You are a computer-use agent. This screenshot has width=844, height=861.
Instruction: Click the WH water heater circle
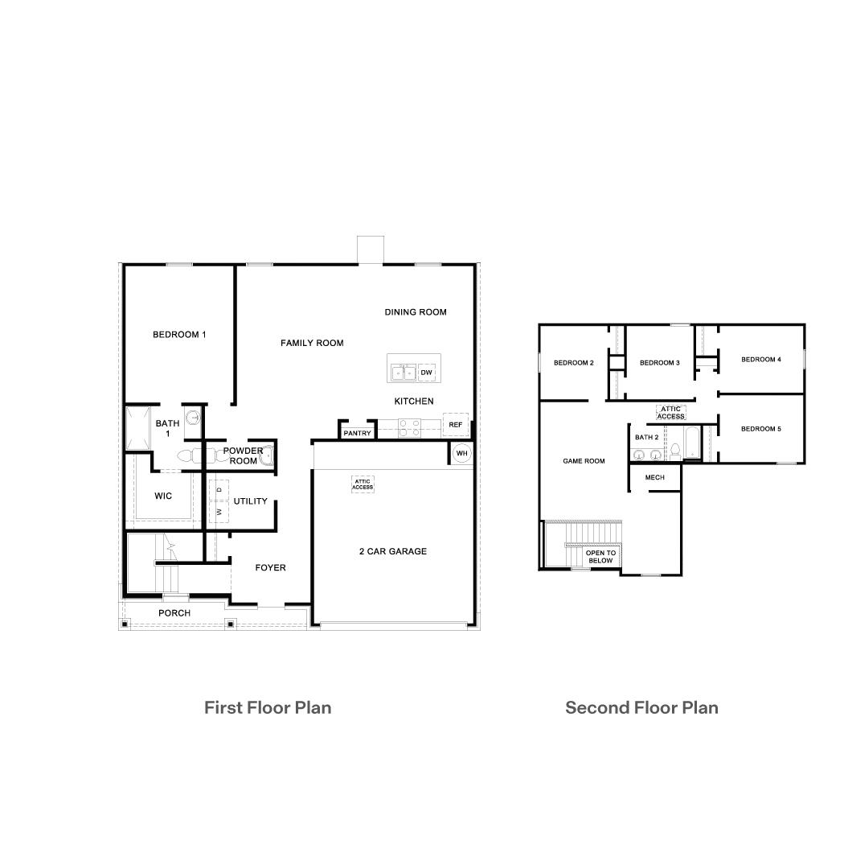461,453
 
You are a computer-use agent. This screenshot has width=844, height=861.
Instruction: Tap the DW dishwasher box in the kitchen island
426,373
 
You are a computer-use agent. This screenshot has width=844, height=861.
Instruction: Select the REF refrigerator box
455,424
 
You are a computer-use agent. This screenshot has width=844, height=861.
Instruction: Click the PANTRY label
357,433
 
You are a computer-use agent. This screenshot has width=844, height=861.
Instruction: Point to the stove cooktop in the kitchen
409,427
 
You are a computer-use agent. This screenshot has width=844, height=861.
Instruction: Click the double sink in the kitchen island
404,373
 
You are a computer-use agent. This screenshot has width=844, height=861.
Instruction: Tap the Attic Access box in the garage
363,484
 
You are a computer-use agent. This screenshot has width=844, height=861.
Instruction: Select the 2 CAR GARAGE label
392,551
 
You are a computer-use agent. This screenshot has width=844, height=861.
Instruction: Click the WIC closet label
163,496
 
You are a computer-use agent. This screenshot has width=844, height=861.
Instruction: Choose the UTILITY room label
250,501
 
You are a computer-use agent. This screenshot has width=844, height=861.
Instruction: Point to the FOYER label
270,567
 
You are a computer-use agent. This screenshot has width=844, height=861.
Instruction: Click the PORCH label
174,613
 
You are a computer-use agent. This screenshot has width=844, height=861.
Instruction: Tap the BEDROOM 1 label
179,334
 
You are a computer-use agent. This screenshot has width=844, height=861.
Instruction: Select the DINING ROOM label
415,312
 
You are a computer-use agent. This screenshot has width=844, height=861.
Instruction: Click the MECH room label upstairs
654,478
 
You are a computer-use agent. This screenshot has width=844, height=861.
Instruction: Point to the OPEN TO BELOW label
600,556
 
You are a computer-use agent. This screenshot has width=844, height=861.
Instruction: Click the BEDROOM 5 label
760,429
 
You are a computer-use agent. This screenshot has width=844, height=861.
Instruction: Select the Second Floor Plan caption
641,707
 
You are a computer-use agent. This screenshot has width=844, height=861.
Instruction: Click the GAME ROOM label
584,461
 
